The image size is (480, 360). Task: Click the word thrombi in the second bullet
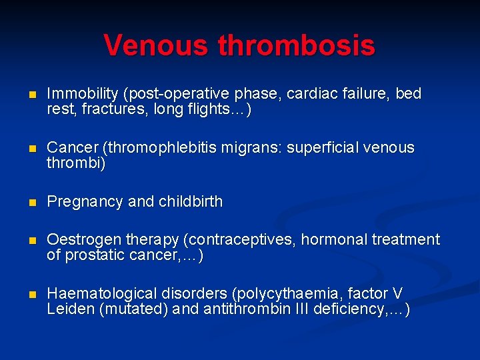pyautogui.click(x=75, y=163)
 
